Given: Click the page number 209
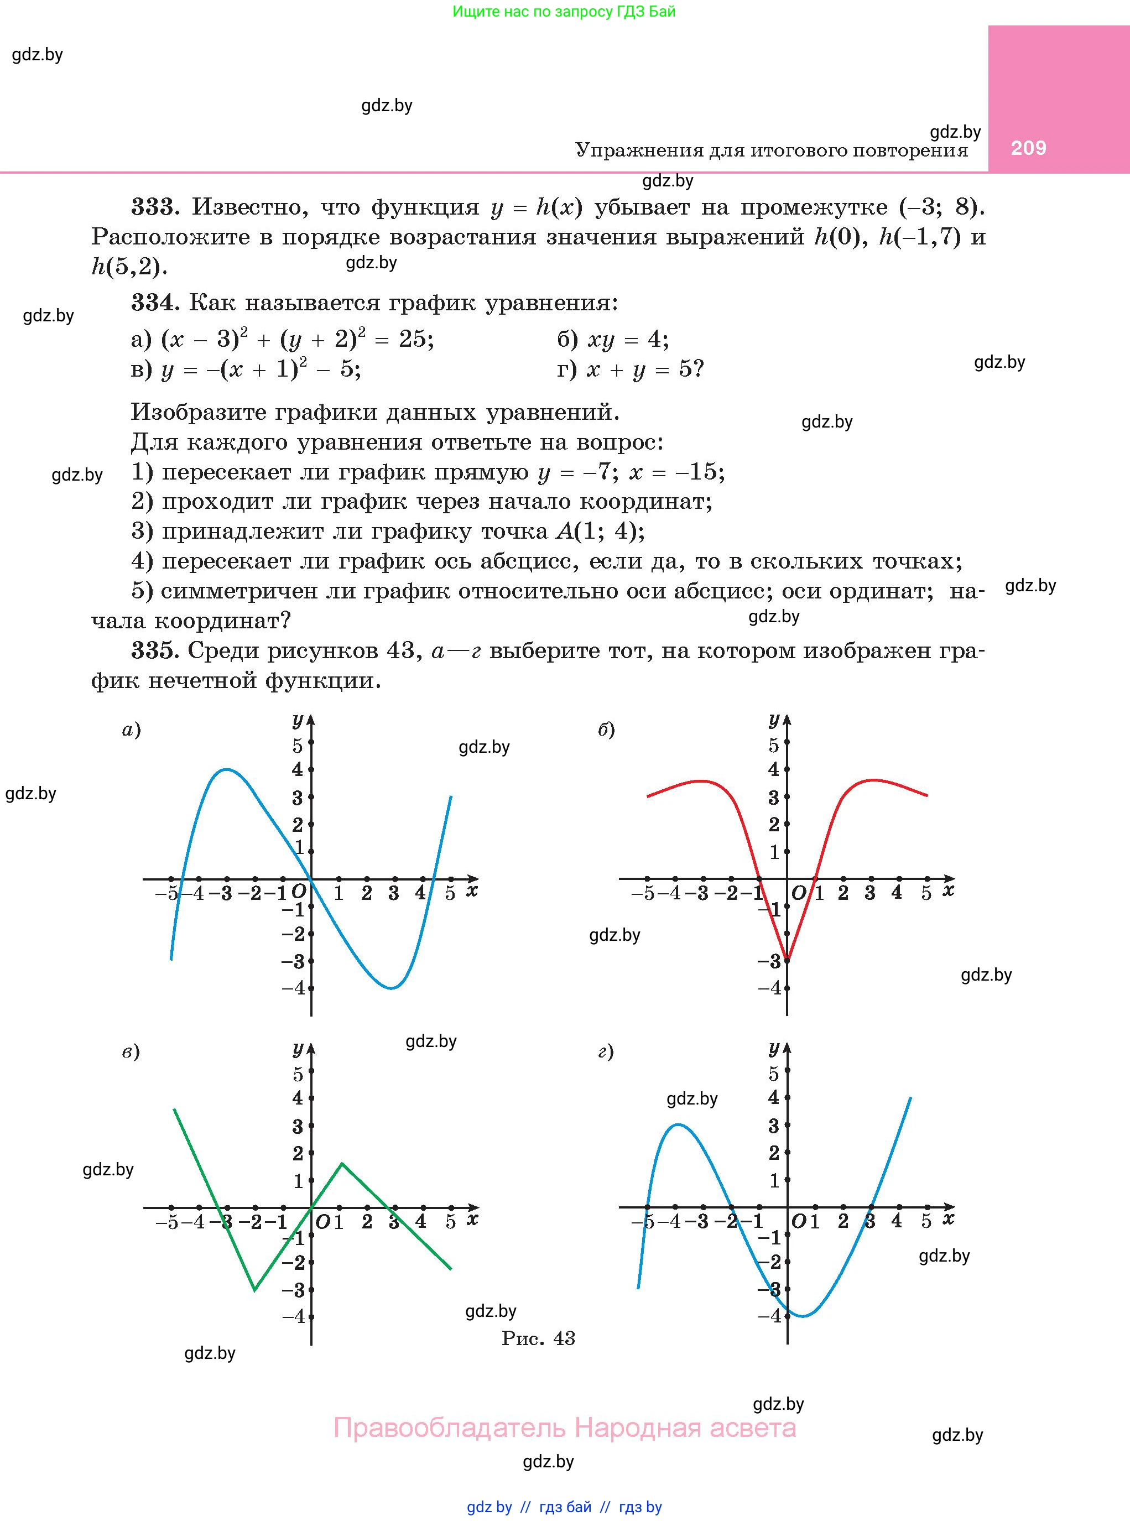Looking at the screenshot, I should click(1028, 148).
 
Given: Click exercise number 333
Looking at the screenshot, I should click(155, 206).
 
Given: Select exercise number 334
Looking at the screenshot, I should click(155, 303).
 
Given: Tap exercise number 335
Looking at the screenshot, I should click(155, 650).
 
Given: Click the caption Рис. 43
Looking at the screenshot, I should click(538, 1338).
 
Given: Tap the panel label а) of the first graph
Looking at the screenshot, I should click(131, 730).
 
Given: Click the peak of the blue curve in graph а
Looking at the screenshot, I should click(226, 769).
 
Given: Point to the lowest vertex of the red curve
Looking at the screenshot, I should click(787, 959).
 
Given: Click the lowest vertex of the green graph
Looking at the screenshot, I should click(255, 1290).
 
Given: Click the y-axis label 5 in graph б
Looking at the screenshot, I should click(774, 745).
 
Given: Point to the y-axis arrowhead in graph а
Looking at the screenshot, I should click(311, 720).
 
